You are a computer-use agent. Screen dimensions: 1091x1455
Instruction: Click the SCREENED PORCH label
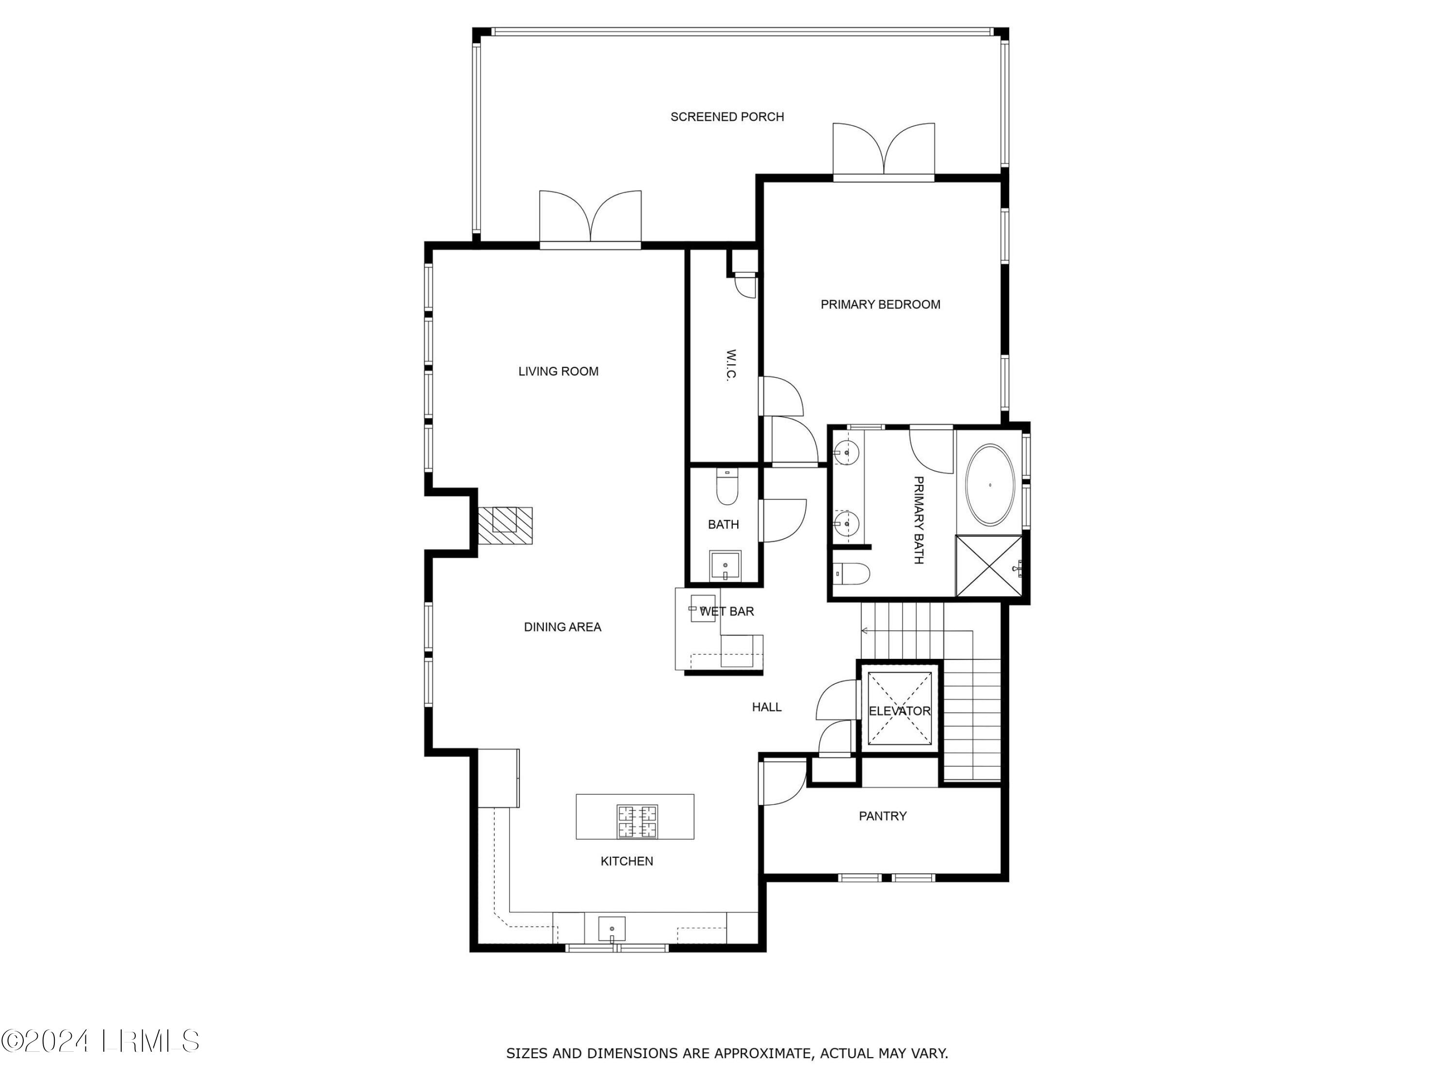click(727, 117)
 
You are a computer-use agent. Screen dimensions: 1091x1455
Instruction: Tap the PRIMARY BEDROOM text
click(880, 305)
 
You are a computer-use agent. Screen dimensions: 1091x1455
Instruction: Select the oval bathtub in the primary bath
click(989, 485)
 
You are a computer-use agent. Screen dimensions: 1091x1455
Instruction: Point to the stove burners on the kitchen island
click(637, 822)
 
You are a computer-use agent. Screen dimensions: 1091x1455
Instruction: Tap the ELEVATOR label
click(899, 711)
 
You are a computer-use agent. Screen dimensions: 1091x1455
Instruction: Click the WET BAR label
click(727, 611)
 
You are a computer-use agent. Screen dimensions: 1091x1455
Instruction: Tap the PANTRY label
click(883, 816)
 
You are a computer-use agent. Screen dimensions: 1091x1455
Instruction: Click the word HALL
click(766, 707)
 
